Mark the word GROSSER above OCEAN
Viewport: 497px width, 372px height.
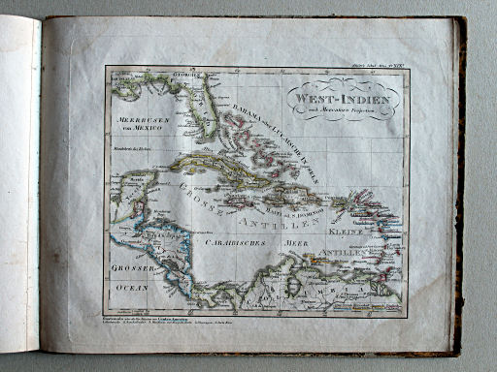(129, 266)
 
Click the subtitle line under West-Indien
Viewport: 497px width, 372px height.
(339, 110)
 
